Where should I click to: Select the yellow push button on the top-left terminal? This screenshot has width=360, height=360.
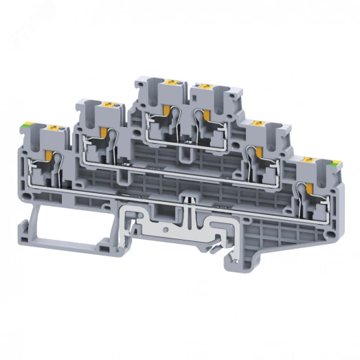(x=168, y=84)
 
